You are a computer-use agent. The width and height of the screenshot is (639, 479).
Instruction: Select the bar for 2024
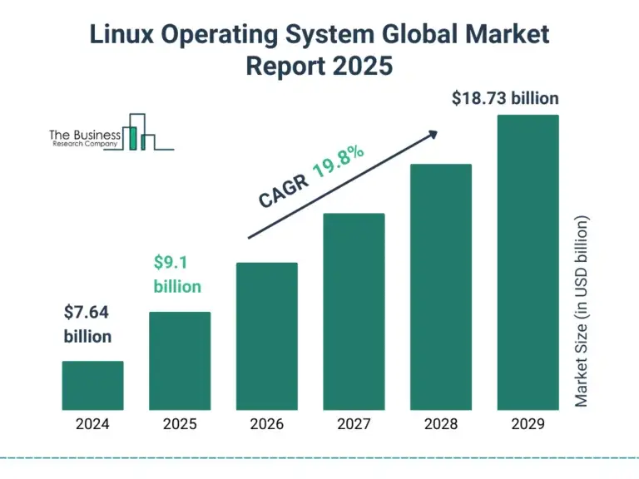coord(92,385)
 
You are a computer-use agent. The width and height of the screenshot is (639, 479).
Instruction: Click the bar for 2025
coord(180,361)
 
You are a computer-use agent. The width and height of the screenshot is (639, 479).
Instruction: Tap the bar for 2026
coord(266,336)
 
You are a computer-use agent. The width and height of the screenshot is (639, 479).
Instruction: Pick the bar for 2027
coord(354,311)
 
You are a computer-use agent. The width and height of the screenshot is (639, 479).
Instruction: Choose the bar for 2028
coord(441,287)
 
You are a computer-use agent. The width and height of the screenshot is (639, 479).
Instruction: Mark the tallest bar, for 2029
coord(528,262)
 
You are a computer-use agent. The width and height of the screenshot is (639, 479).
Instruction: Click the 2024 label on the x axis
coord(92,424)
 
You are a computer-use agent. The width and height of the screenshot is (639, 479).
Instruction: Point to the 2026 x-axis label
coord(266,424)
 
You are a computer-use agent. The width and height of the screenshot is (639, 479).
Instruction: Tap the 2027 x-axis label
coord(354,424)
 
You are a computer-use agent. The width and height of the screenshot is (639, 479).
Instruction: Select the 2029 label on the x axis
coord(528,424)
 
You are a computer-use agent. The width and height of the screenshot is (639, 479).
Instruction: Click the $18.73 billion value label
coord(505,98)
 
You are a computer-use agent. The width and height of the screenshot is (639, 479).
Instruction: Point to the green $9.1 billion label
coord(176,274)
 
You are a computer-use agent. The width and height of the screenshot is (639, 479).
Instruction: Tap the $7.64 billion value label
coord(87,324)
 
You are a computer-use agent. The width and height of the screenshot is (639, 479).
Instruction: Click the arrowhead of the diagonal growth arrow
coord(432,133)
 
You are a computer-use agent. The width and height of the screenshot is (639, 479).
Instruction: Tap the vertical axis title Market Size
coord(582,312)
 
